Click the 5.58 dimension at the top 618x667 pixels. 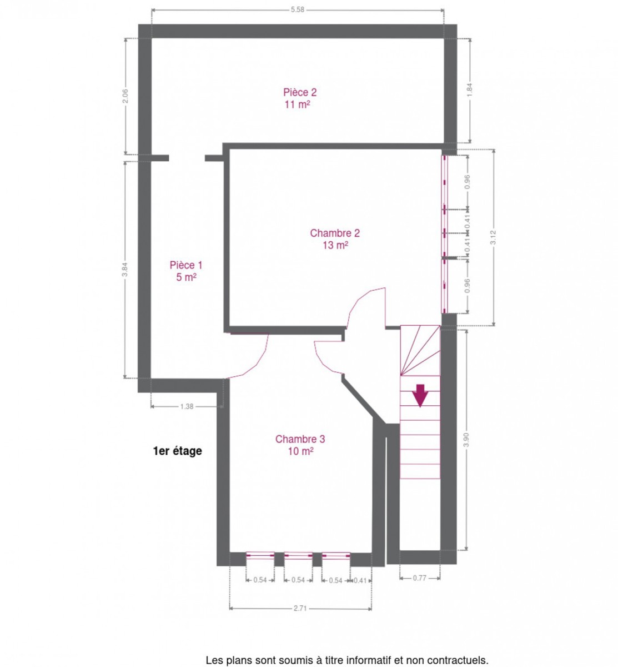click(297, 10)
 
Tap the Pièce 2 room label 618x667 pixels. click(300, 92)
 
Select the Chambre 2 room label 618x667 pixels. click(334, 233)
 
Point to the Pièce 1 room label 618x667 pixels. click(186, 265)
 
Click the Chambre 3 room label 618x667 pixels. click(300, 439)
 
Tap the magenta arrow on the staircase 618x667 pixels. click(420, 396)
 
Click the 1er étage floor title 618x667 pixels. click(177, 451)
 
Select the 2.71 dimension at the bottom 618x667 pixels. click(300, 608)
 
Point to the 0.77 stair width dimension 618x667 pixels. click(419, 578)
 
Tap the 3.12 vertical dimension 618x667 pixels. click(493, 237)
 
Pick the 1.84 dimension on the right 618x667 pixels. click(469, 90)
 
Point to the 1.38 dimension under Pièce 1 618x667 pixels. click(187, 406)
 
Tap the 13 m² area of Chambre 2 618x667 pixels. click(335, 245)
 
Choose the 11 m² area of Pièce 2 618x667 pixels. click(297, 104)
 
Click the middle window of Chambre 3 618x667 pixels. click(298, 556)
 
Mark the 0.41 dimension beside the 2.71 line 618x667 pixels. click(360, 580)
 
